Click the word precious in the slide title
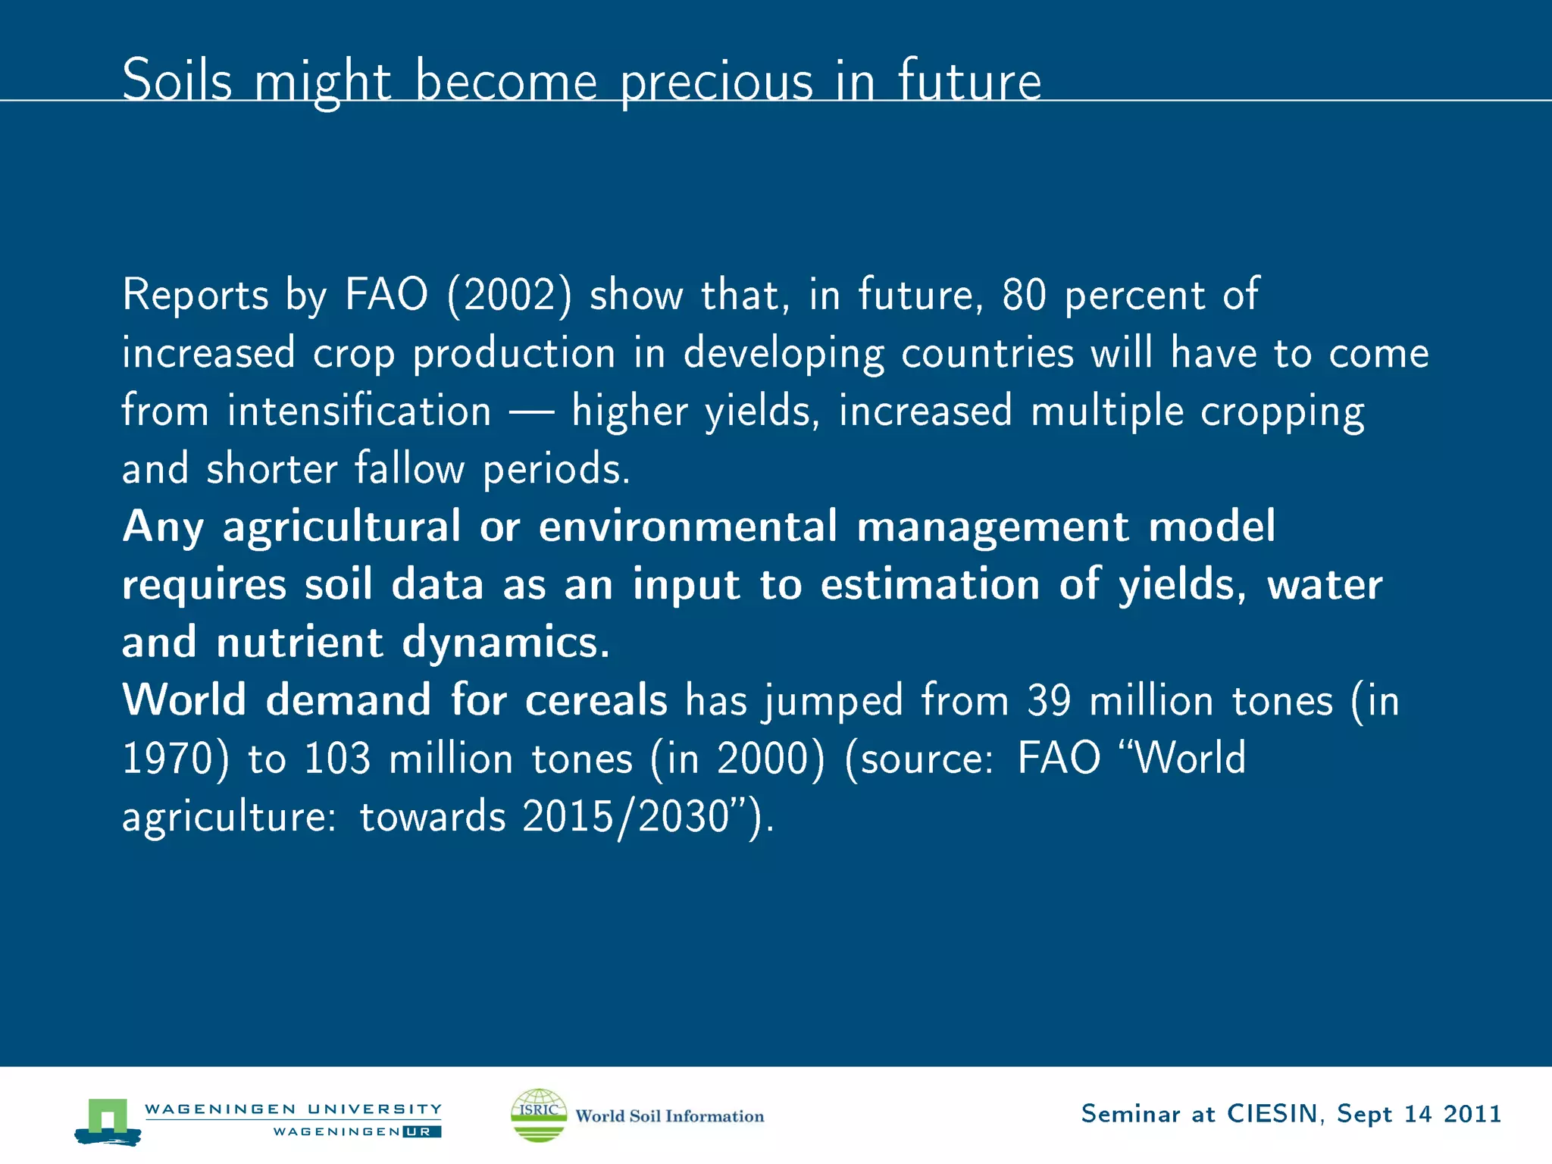pos(716,82)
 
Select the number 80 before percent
pos(1024,295)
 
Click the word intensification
pos(360,411)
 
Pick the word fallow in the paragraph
pos(409,469)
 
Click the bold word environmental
pos(687,526)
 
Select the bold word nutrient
pos(299,642)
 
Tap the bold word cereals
pos(596,699)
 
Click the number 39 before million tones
pos(1049,700)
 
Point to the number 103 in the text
pos(337,759)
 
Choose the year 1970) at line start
pos(175,759)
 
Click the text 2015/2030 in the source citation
pos(625,817)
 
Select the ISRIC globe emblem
pos(539,1115)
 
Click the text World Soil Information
pos(669,1116)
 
